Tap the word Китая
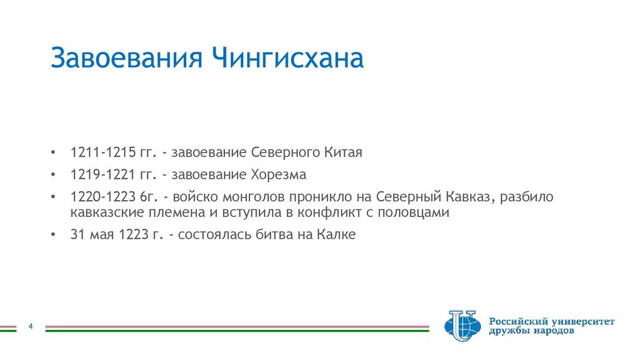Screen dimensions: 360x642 click(344, 152)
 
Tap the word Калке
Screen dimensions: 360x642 click(338, 235)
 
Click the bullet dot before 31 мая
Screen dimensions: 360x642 click(55, 235)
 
